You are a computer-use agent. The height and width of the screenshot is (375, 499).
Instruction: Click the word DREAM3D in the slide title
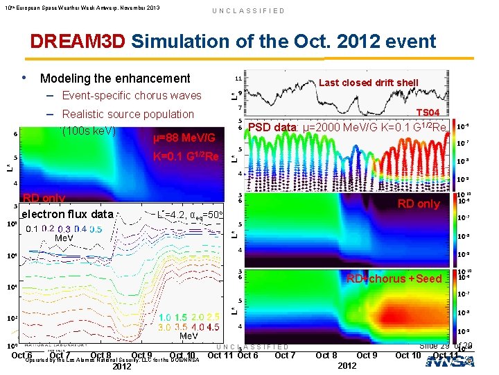pos(78,41)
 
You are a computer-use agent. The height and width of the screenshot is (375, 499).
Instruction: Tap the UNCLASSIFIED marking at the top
pos(248,11)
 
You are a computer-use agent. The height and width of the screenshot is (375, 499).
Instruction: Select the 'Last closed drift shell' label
pos(368,83)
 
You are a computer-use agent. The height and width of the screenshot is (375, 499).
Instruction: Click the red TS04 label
pos(427,112)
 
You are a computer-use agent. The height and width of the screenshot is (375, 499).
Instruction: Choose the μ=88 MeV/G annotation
pos(184,138)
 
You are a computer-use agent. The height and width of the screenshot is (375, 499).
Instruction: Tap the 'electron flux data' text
pos(67,215)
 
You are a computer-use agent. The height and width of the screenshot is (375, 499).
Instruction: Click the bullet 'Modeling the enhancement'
pos(115,78)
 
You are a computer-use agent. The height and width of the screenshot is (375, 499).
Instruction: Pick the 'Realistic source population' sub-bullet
pos(128,114)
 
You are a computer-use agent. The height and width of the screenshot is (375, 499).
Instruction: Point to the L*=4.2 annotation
pos(170,215)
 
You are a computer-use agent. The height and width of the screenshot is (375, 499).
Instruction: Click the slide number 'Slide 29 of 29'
pos(446,346)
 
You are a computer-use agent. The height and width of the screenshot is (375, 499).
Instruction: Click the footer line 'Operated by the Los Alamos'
pos(112,360)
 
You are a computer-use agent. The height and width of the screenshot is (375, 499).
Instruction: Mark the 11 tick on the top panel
pos(238,79)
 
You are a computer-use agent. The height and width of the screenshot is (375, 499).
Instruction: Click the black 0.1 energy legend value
pos(33,229)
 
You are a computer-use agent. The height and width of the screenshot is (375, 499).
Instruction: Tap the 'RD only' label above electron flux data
pos(44,198)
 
